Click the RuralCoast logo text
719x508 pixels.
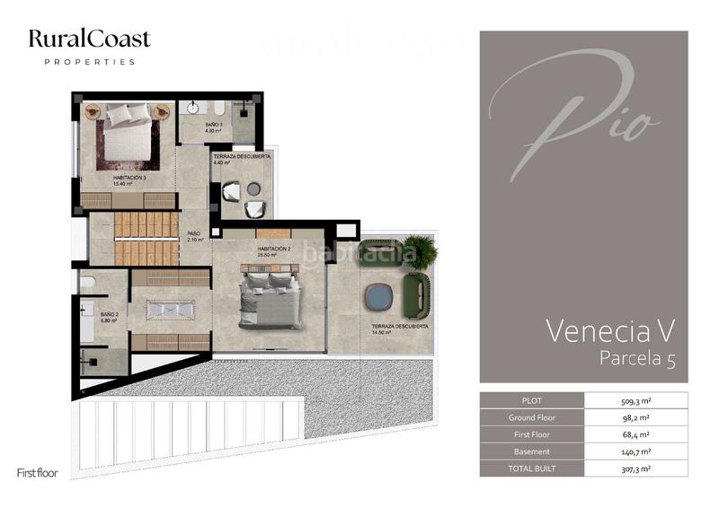coord(89,39)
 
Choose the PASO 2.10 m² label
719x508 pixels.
coord(195,237)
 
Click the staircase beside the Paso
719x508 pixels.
coord(146,239)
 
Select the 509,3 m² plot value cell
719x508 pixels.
coord(635,401)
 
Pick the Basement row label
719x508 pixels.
coord(531,451)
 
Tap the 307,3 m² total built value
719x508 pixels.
coord(635,469)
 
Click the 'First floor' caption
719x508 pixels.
coord(38,473)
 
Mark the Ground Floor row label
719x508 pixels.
coord(531,418)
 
